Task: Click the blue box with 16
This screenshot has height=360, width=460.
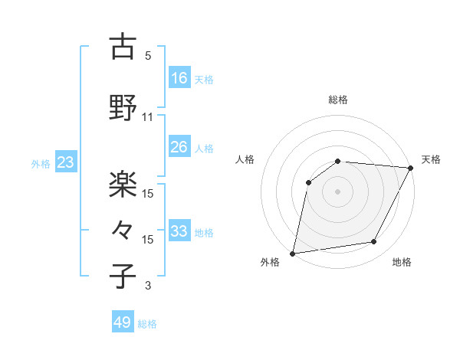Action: (179, 78)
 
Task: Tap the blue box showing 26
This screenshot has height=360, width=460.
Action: (179, 147)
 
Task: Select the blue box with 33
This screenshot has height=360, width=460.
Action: (179, 231)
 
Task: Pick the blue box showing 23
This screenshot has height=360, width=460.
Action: (66, 162)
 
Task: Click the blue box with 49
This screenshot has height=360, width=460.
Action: (123, 322)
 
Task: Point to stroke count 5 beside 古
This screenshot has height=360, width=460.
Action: (148, 56)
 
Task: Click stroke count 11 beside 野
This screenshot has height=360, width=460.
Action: (148, 117)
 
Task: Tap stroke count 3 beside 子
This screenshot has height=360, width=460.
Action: (148, 286)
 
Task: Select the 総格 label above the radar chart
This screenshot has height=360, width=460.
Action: (337, 100)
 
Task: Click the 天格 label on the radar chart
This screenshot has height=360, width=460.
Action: (431, 159)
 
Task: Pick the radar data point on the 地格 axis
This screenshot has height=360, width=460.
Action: (374, 242)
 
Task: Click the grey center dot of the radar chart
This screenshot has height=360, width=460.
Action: (337, 191)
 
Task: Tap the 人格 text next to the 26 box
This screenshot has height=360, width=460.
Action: (204, 148)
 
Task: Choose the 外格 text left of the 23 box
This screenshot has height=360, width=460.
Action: (41, 163)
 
